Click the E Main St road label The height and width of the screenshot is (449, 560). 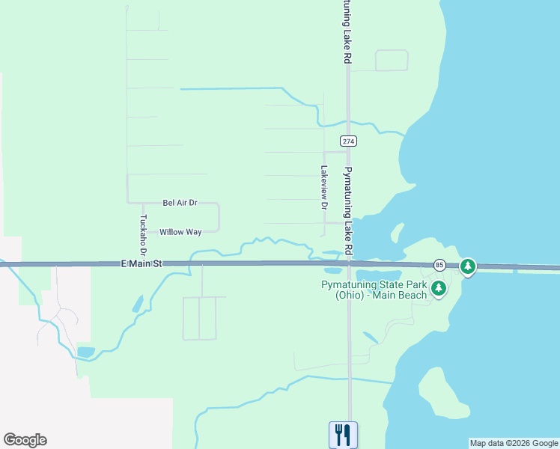tap(141, 263)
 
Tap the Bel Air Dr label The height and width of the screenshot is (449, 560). tap(180, 203)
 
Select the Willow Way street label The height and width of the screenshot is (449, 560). tap(180, 232)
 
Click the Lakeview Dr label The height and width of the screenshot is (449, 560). tap(324, 187)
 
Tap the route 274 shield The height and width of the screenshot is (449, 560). tap(347, 141)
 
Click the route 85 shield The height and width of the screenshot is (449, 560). tap(439, 265)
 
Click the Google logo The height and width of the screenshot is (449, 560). tap(25, 440)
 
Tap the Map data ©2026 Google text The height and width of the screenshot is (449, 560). tap(513, 443)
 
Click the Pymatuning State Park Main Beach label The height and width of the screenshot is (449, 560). tap(374, 290)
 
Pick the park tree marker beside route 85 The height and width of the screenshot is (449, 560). tap(468, 266)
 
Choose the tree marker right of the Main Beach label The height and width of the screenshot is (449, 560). tap(439, 288)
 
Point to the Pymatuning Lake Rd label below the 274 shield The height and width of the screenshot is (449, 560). tap(347, 210)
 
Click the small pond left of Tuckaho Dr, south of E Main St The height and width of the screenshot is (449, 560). tap(138, 304)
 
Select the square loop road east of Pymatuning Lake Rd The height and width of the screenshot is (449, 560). tap(391, 61)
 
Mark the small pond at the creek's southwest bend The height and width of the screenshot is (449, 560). tap(85, 351)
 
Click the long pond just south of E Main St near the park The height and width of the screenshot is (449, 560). tap(382, 274)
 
